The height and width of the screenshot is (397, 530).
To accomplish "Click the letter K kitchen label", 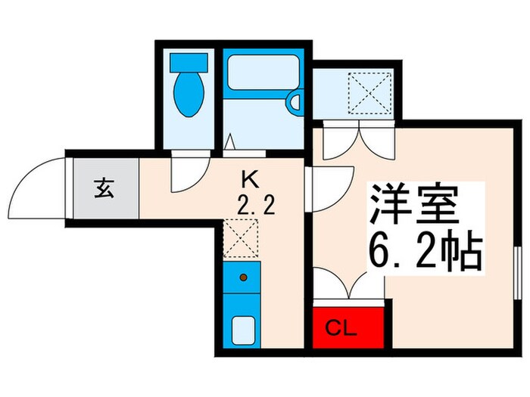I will (249, 178).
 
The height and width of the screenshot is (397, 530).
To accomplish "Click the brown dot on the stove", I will (243, 278).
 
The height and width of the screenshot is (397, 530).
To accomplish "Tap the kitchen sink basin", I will (243, 329).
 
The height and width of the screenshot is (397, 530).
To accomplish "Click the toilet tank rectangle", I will (185, 60).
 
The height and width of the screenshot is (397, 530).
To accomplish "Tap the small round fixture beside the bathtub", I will (295, 98).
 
